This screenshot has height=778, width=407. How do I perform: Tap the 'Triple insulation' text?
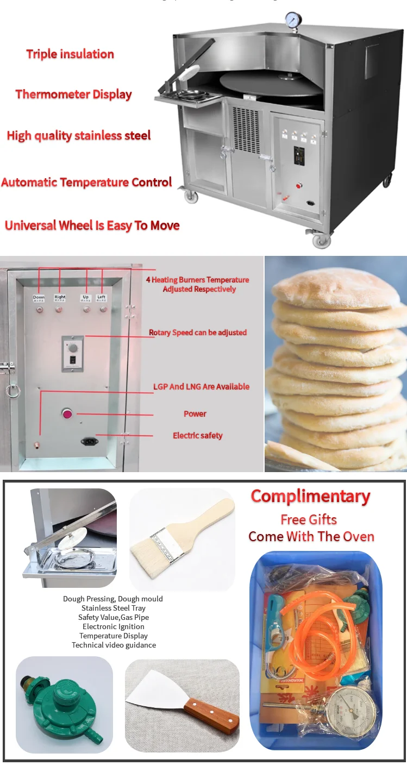click(x=70, y=54)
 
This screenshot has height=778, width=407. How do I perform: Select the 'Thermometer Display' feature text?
click(x=73, y=95)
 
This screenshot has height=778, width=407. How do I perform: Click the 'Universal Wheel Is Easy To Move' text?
click(x=92, y=225)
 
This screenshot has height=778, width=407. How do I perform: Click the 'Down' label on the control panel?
click(x=39, y=297)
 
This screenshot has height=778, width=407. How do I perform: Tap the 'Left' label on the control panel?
click(x=101, y=297)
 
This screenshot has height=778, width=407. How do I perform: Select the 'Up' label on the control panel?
click(x=85, y=297)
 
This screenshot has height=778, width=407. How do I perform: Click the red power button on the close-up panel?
click(x=68, y=414)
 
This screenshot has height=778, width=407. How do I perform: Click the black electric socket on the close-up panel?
click(x=90, y=441)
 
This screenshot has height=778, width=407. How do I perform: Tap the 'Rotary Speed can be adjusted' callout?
click(x=198, y=332)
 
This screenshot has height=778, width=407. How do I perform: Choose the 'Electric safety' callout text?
click(x=197, y=436)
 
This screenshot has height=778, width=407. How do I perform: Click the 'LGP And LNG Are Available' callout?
click(x=201, y=387)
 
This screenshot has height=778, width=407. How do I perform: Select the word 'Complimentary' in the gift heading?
click(x=310, y=497)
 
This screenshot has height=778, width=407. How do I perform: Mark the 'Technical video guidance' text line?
click(x=114, y=645)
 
